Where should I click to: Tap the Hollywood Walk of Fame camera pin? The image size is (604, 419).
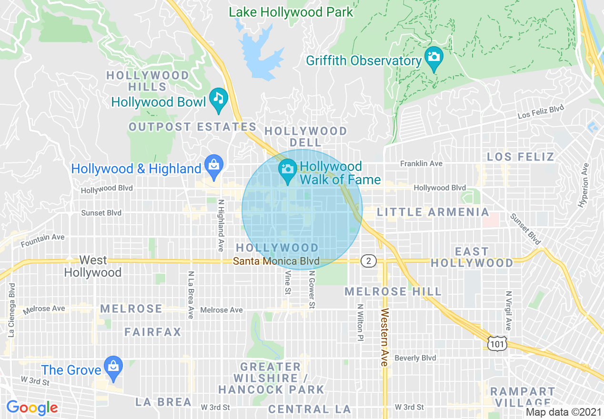point(287,170)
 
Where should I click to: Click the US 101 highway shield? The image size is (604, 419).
point(497,342)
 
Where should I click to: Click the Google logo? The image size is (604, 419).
point(32,408)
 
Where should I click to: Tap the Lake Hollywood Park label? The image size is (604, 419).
point(291,12)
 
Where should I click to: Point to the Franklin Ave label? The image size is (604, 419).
point(421,163)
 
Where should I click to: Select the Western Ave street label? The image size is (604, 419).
point(384,337)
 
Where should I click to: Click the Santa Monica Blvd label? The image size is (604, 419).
point(276,261)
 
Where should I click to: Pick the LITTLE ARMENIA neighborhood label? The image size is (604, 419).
point(433,212)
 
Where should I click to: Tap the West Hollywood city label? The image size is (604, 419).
point(93,266)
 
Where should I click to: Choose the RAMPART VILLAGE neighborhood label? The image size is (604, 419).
point(523,397)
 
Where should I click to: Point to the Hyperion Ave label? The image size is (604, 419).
point(584,185)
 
